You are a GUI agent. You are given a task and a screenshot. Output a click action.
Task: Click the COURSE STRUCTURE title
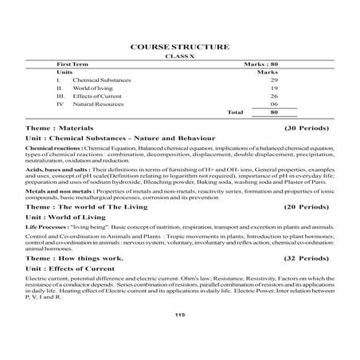pos(179,47)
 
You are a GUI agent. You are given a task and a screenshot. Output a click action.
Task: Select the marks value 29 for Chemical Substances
pos(273,81)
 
